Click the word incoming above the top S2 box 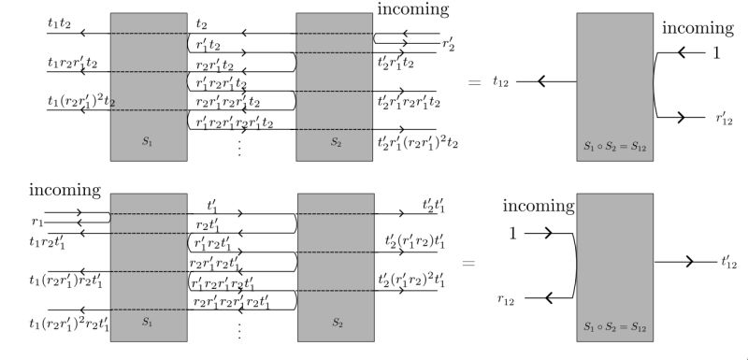click(x=412, y=10)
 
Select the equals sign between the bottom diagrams click(x=468, y=265)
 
